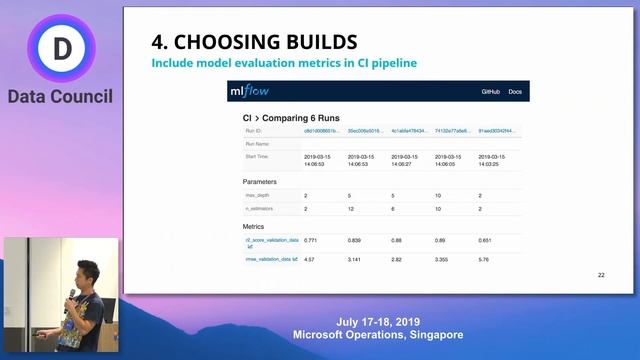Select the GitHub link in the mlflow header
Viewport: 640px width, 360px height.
pos(490,92)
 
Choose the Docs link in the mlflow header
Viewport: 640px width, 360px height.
pos(515,92)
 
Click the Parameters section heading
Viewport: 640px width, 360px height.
pos(267,182)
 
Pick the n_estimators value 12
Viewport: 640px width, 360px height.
pos(352,209)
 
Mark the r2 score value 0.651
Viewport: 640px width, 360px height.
pos(486,241)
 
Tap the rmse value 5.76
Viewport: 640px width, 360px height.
pos(484,259)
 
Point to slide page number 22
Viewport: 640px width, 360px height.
pos(601,274)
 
